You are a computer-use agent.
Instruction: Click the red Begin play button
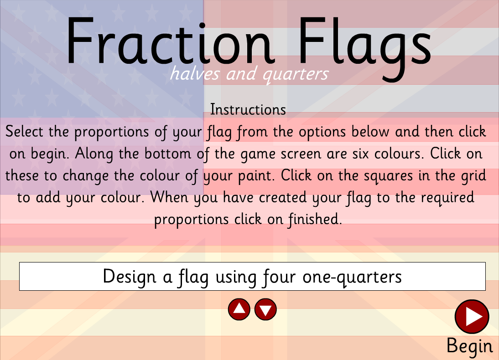tap(472, 316)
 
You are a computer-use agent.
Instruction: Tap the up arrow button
tap(239, 310)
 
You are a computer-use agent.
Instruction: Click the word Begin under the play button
tap(469, 346)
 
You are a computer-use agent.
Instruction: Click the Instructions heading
tap(248, 110)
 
